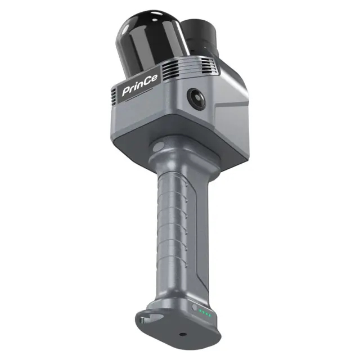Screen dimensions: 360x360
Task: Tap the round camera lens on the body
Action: (196, 98)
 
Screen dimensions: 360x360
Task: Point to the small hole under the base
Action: (182, 334)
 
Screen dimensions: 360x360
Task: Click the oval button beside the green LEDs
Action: (195, 307)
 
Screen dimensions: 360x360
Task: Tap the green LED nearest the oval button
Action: (200, 311)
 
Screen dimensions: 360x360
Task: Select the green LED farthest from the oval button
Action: (210, 316)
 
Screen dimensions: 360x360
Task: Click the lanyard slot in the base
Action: (149, 318)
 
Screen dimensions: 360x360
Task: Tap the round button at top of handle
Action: (159, 147)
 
